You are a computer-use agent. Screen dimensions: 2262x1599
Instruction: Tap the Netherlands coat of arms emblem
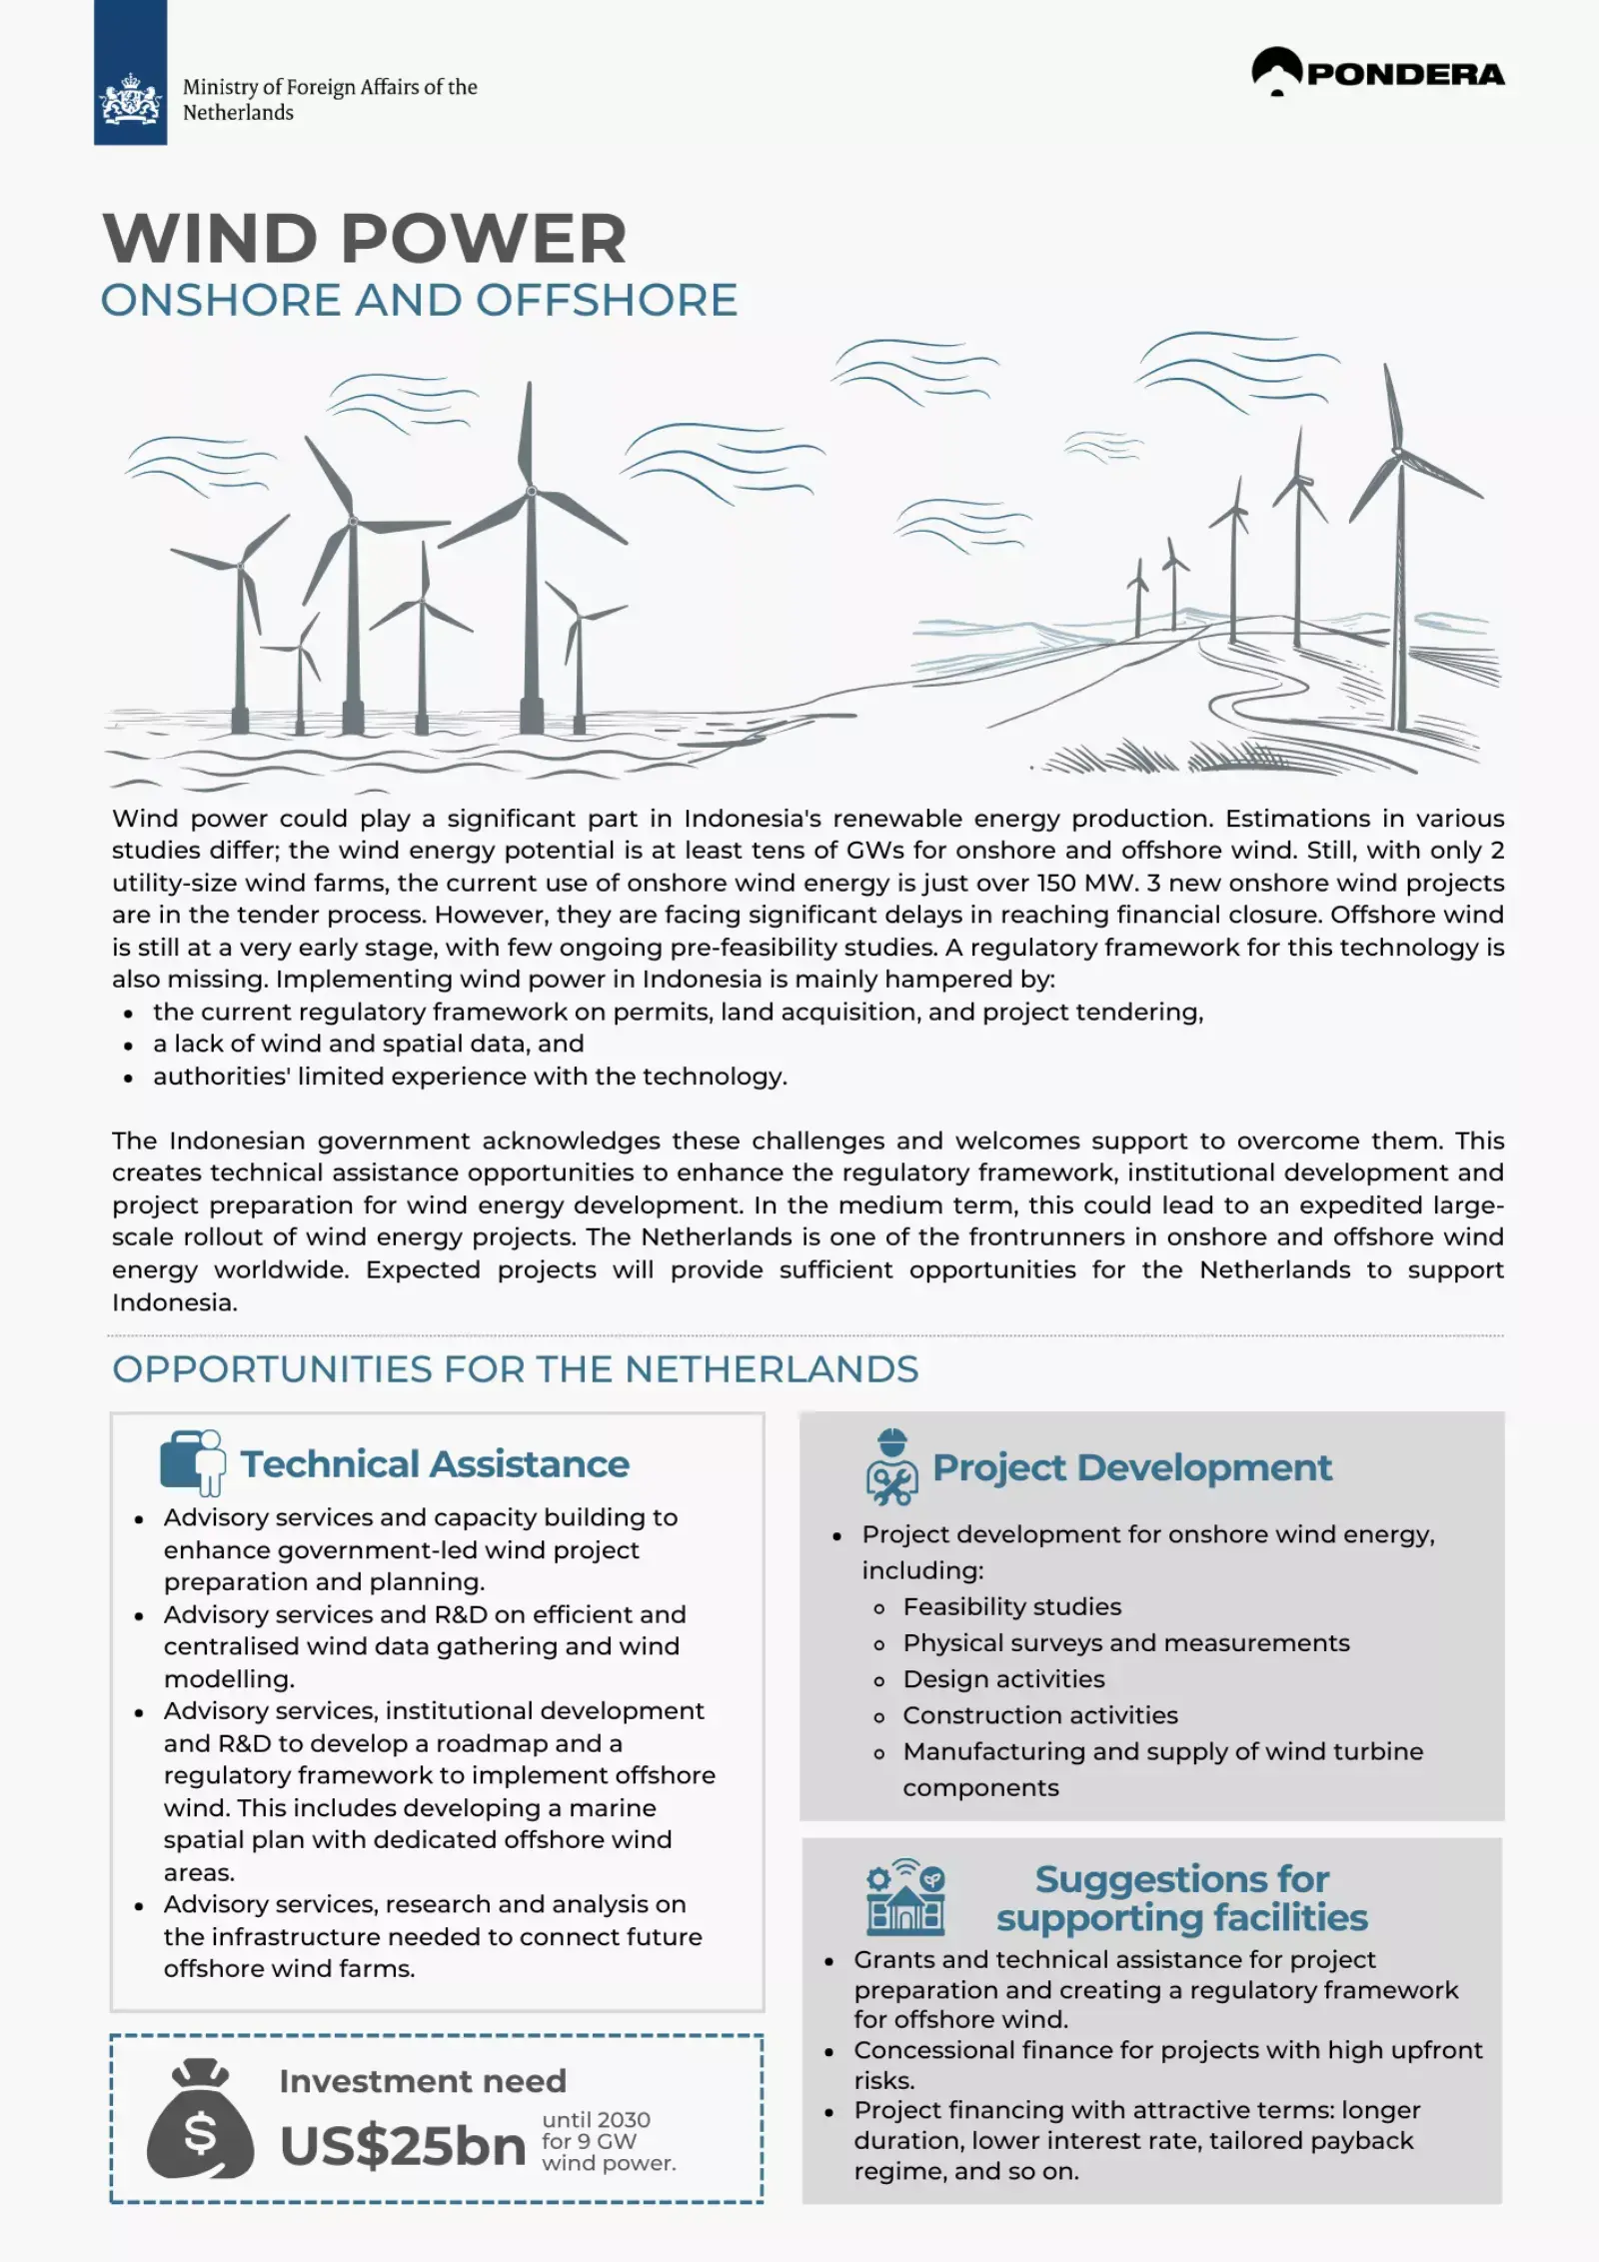(x=130, y=99)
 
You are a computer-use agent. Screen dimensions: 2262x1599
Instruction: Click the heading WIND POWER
(x=365, y=238)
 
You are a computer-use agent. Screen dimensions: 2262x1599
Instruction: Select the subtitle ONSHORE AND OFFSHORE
(x=419, y=300)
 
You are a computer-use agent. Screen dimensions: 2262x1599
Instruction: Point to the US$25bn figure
(x=403, y=2147)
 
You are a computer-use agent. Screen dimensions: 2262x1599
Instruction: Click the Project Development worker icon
(x=890, y=1468)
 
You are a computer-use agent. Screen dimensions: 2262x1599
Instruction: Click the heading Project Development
(x=1131, y=1467)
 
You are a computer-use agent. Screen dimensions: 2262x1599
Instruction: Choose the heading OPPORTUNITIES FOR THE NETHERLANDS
(x=515, y=1369)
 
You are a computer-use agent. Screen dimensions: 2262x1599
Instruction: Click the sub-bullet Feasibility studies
(x=1011, y=1606)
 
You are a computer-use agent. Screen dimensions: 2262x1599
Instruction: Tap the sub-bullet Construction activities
(x=1039, y=1715)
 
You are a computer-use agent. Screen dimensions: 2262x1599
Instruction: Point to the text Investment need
(x=422, y=2081)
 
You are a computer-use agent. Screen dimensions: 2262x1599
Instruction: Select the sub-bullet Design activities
(x=1003, y=1679)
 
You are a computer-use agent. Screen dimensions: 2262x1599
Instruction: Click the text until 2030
(x=596, y=2120)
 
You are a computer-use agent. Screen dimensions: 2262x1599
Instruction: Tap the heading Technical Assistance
(x=435, y=1464)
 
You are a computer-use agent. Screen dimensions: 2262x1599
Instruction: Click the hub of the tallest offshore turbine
(x=532, y=491)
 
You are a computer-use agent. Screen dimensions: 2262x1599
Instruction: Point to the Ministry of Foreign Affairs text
(x=329, y=99)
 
